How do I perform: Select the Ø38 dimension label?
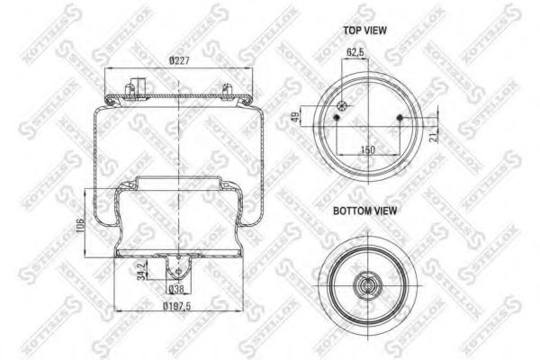pyautogui.click(x=178, y=289)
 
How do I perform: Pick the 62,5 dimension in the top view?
pyautogui.click(x=355, y=53)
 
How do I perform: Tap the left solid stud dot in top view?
pyautogui.click(x=337, y=118)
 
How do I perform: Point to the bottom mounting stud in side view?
pyautogui.click(x=178, y=267)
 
